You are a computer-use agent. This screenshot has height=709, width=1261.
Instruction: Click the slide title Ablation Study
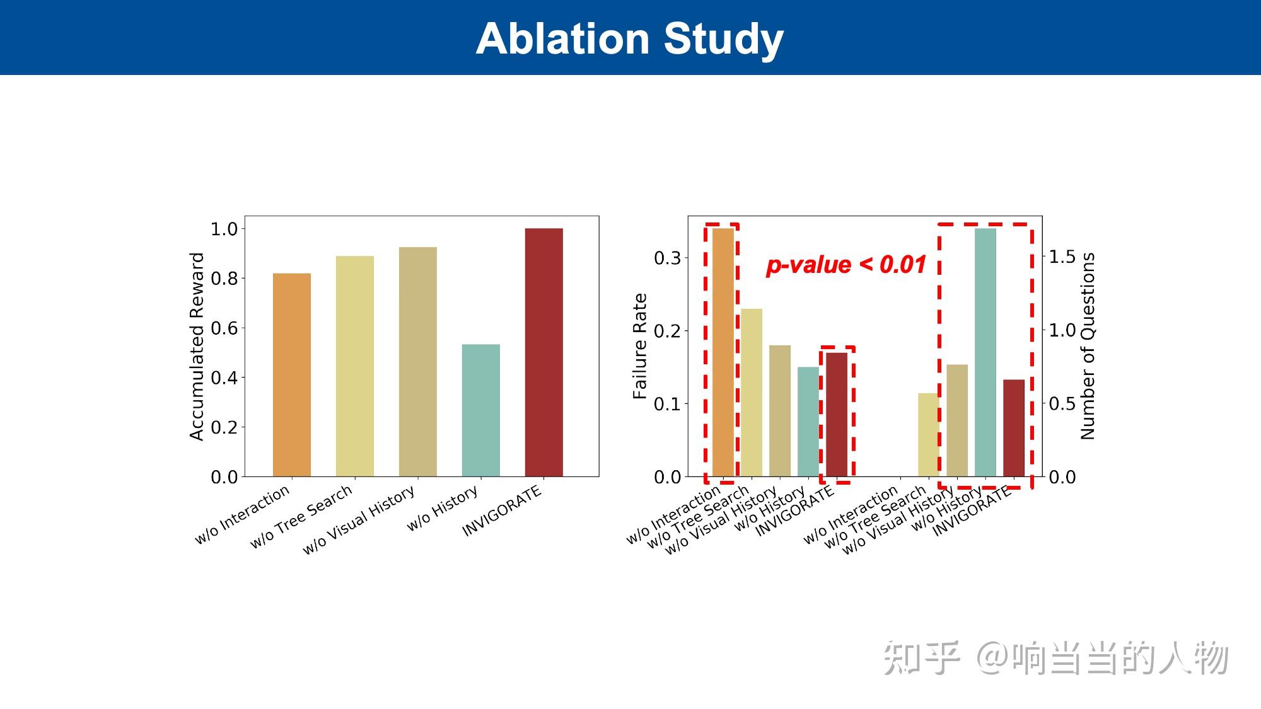coord(629,39)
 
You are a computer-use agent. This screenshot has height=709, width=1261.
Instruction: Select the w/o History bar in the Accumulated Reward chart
coord(480,410)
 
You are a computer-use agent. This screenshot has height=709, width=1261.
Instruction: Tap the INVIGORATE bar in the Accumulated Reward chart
coord(543,352)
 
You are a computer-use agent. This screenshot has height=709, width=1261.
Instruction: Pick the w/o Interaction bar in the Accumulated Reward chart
coord(291,375)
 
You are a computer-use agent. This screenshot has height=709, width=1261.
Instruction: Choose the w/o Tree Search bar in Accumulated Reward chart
coord(354,366)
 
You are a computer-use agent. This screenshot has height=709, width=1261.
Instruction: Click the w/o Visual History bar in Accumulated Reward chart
coord(417,362)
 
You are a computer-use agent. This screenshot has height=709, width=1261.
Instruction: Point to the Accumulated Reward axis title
coord(197,346)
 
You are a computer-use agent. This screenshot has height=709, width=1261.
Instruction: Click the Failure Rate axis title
coord(640,346)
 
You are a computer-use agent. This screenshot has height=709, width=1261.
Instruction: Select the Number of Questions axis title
coord(1088,346)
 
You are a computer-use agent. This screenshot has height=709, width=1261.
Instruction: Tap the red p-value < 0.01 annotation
coord(846,265)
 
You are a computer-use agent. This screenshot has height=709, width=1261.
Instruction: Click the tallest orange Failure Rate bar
coord(723,352)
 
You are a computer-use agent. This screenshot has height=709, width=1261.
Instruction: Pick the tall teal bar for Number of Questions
coord(985,352)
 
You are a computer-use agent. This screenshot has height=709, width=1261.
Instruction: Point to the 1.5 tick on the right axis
coord(1062,257)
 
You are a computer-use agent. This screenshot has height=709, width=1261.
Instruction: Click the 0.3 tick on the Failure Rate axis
coord(667,258)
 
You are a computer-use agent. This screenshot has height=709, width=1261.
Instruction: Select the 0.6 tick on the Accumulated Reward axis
coord(224,328)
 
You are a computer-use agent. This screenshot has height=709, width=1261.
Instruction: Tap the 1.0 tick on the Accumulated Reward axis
coord(224,229)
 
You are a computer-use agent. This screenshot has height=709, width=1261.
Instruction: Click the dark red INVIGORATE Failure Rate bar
coord(837,414)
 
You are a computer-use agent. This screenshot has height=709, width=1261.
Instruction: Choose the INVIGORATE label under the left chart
coord(503,511)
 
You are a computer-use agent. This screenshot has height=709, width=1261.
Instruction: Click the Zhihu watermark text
coord(1055,658)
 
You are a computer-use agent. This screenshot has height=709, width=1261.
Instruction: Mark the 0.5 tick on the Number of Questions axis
coord(1062,403)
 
